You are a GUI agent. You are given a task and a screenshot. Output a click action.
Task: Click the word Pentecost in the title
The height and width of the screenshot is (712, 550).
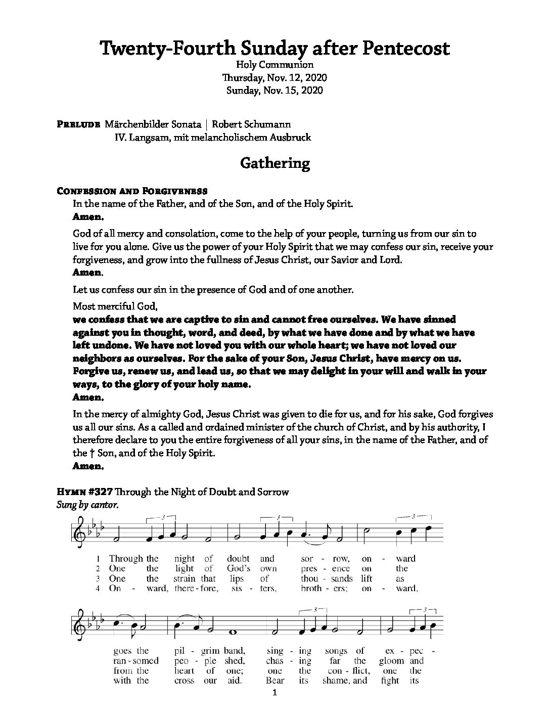click(405, 49)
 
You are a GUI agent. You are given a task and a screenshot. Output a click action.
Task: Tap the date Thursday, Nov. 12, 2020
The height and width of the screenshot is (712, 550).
click(274, 78)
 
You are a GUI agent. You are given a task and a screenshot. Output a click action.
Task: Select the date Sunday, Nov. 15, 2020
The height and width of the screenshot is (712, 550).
click(274, 91)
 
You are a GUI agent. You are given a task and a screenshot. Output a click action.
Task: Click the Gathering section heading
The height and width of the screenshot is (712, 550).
click(274, 163)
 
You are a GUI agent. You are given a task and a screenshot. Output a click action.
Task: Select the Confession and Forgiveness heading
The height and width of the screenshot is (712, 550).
click(132, 191)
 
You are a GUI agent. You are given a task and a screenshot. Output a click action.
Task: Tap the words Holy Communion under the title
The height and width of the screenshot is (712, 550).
click(274, 65)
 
